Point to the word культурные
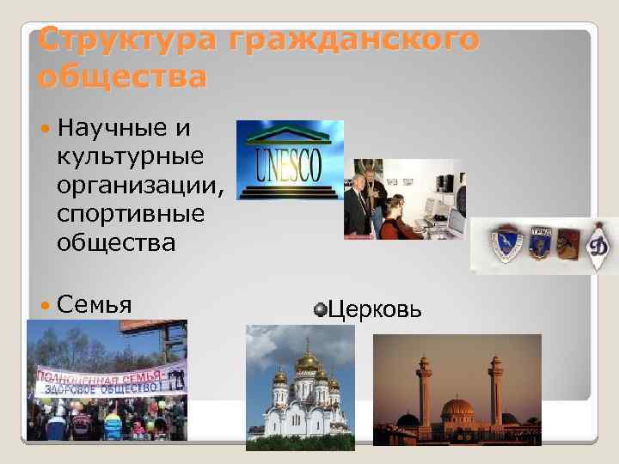pyautogui.click(x=130, y=157)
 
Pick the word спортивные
pyautogui.click(x=130, y=214)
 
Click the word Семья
pyautogui.click(x=94, y=305)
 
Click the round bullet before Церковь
pyautogui.click(x=320, y=307)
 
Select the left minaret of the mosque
pyautogui.click(x=425, y=387)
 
